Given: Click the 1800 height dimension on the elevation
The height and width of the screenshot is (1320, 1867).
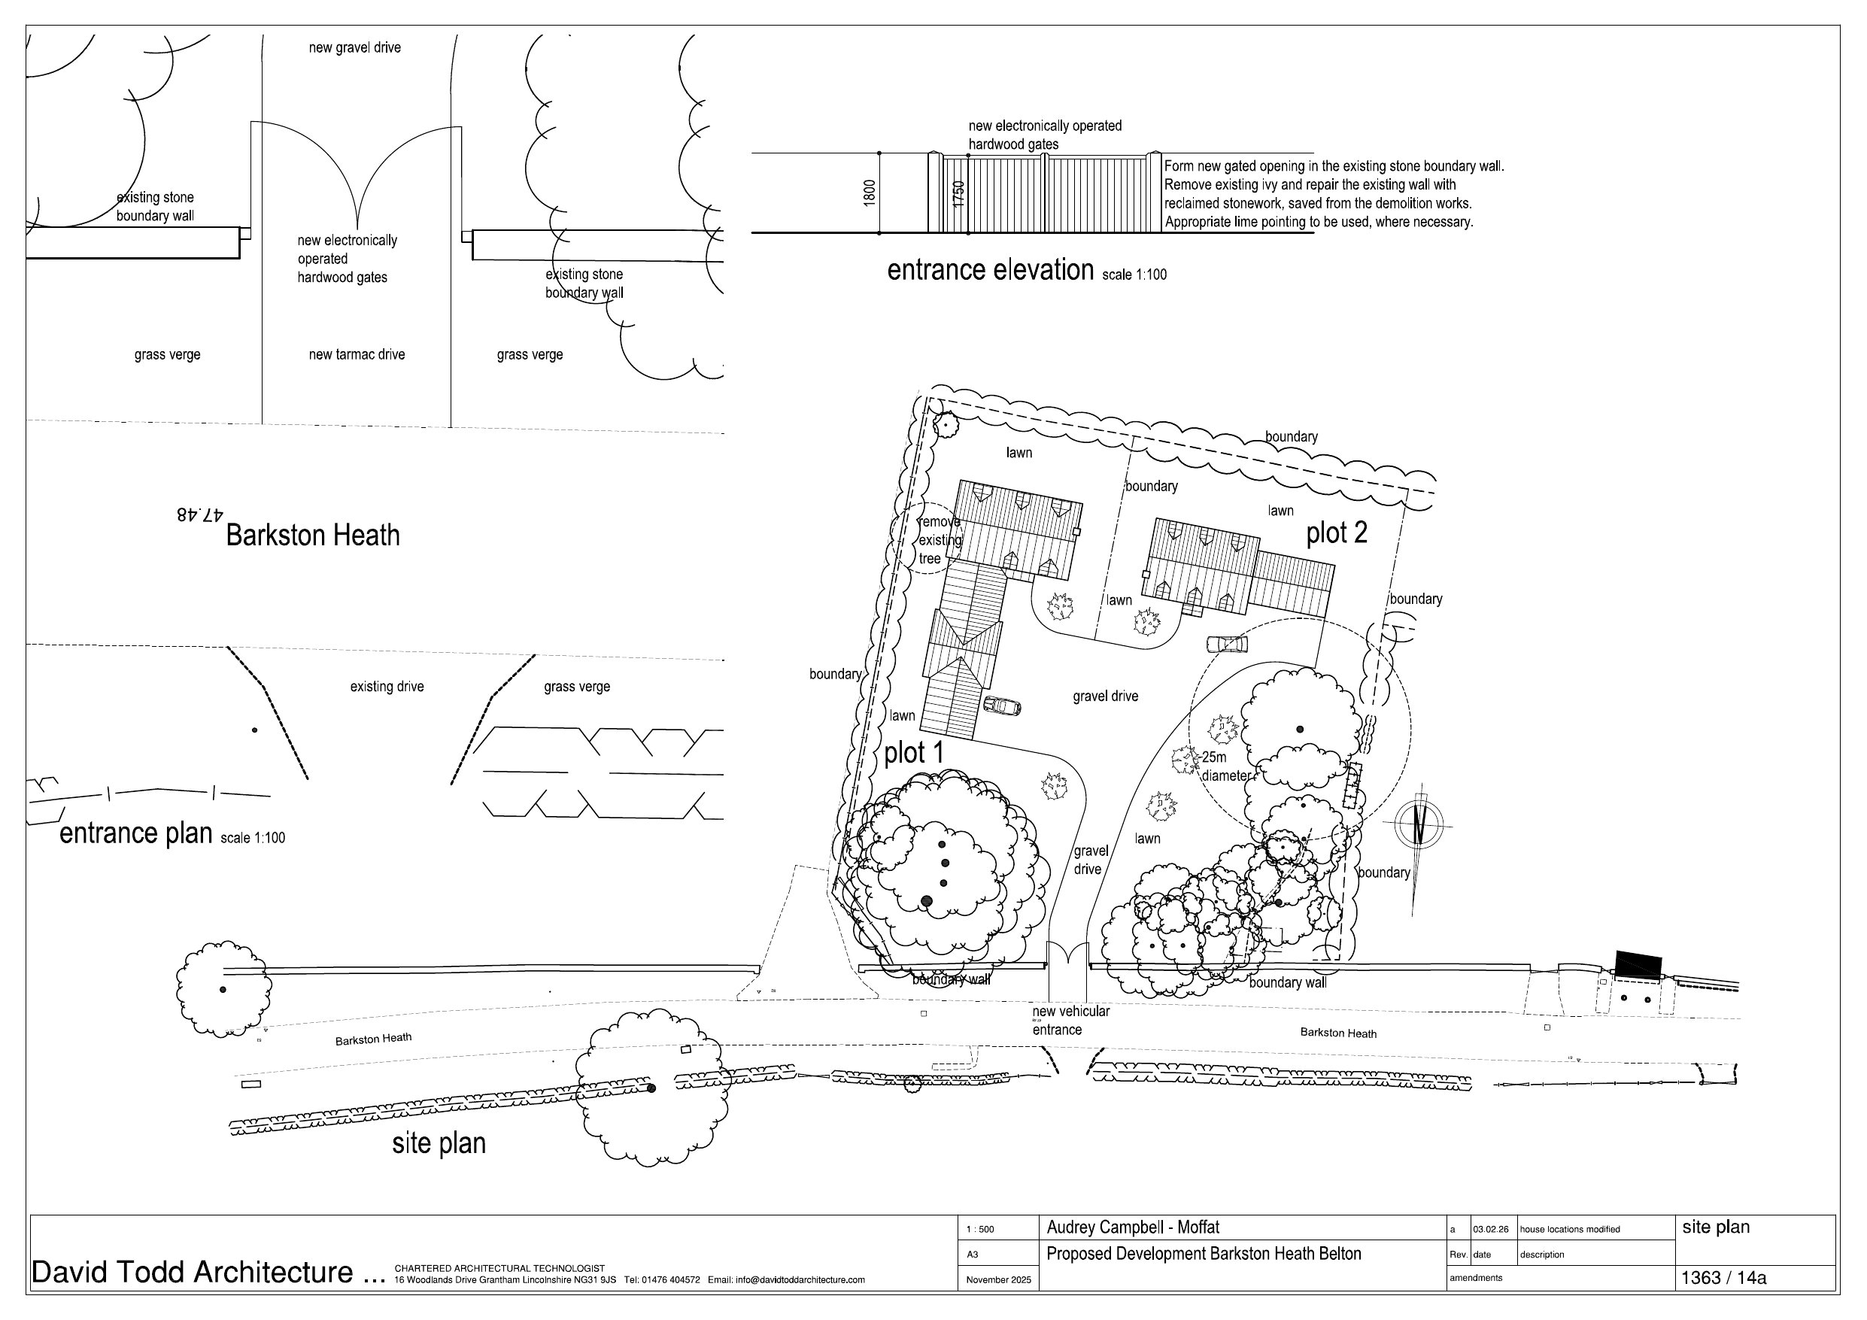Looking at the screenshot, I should point(870,192).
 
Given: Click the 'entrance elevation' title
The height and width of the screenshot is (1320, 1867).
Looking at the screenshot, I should point(990,270).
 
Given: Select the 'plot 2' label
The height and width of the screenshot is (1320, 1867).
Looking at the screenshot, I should point(1336,533).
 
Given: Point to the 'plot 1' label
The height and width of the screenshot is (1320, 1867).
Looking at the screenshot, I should point(913,752).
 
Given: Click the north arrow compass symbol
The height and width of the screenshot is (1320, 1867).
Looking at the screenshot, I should point(1419,824).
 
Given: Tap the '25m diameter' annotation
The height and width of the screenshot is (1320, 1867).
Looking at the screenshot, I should point(1225,766).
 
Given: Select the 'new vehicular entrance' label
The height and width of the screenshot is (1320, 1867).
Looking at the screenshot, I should point(1070,1020).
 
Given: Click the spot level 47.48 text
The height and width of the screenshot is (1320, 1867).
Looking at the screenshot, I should point(199,514).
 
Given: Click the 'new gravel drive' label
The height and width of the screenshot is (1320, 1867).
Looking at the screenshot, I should point(354,48).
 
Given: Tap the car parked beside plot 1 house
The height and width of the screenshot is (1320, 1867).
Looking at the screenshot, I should point(1002,706).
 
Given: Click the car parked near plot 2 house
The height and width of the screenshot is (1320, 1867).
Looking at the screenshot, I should point(1226,644).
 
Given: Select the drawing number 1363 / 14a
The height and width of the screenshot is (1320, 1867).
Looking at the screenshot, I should point(1723,1277).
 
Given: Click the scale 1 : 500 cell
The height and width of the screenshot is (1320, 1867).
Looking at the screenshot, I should point(979,1229).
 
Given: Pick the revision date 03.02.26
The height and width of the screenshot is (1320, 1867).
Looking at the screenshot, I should point(1489,1229).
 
